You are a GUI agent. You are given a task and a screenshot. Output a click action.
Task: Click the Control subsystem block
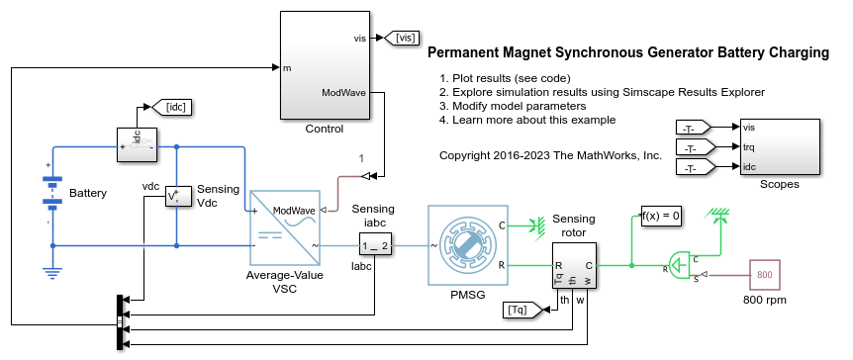(x=324, y=65)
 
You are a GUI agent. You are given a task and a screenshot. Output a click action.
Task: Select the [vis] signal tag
(x=402, y=38)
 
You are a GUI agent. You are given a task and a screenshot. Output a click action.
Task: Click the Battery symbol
(x=52, y=193)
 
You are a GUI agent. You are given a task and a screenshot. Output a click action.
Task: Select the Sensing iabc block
(x=375, y=246)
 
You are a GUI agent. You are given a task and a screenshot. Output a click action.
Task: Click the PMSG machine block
(x=468, y=245)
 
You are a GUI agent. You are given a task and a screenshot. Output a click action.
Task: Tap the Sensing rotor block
(x=575, y=266)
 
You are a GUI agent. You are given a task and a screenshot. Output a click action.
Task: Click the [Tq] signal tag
(x=523, y=310)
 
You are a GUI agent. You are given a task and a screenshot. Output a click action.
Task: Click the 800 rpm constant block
(x=765, y=275)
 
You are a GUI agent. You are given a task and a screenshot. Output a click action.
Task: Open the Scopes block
(x=780, y=146)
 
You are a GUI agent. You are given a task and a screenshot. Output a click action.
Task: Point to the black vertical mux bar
(x=120, y=322)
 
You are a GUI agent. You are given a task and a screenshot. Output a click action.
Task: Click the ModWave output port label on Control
(x=343, y=92)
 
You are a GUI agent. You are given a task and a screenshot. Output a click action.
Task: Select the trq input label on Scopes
(x=748, y=147)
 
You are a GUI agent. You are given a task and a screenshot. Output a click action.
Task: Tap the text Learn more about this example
(x=533, y=120)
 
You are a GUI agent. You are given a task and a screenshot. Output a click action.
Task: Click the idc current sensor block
(x=138, y=144)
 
